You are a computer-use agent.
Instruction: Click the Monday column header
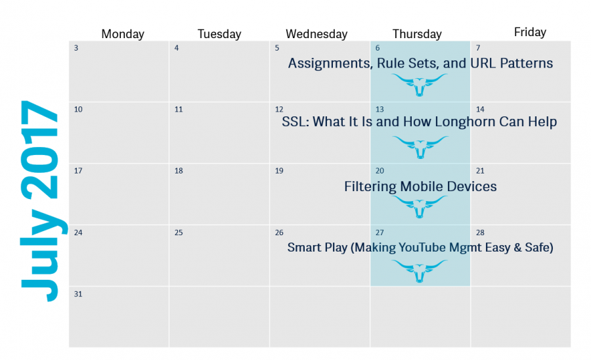click(123, 34)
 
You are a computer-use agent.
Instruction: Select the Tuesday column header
click(219, 34)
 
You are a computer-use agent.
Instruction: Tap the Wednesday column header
click(317, 34)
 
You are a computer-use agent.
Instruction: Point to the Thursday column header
click(417, 34)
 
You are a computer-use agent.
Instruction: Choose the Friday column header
click(530, 32)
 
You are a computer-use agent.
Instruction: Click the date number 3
click(76, 48)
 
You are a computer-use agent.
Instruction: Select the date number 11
click(179, 109)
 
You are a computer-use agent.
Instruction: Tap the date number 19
click(279, 171)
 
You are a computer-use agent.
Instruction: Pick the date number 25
click(179, 233)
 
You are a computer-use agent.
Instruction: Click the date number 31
click(78, 294)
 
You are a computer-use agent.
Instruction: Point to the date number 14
click(480, 109)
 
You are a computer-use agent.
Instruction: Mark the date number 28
click(480, 233)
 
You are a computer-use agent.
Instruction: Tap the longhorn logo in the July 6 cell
click(420, 85)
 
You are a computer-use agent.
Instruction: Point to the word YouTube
click(420, 247)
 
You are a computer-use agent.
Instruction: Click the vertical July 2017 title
click(40, 200)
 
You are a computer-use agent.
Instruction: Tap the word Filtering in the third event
click(370, 187)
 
